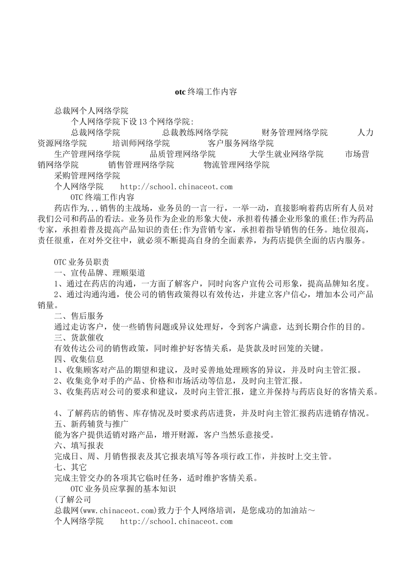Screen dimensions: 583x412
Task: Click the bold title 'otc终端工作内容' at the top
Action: click(x=206, y=92)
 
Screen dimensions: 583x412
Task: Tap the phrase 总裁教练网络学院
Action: click(x=195, y=132)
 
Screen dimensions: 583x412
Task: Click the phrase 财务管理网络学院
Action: click(x=294, y=132)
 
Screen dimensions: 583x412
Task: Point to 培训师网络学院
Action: click(x=141, y=143)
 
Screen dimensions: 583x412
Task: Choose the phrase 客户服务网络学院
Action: click(x=241, y=143)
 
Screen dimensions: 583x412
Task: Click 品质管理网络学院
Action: click(x=183, y=154)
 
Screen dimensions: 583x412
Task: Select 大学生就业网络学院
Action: click(x=286, y=154)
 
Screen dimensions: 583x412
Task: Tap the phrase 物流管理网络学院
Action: click(x=236, y=165)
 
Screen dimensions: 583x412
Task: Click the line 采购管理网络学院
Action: click(x=87, y=176)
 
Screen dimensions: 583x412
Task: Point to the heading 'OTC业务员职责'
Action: click(x=82, y=262)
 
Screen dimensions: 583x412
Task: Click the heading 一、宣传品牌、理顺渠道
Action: click(x=100, y=273)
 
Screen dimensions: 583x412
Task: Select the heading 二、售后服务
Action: click(x=79, y=316)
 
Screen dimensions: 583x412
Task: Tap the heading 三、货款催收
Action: click(x=79, y=337)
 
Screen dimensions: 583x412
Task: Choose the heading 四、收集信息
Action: click(x=79, y=359)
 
